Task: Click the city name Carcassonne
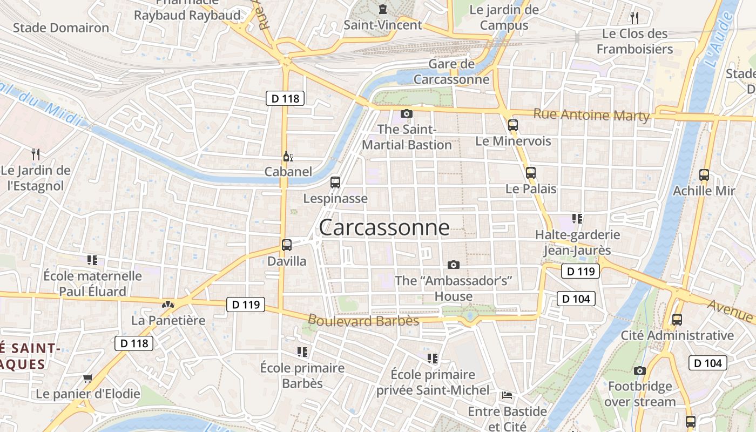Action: tap(384, 227)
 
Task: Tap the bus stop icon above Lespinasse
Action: tap(335, 183)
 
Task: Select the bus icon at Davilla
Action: tap(287, 245)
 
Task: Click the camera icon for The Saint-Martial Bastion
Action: tap(407, 113)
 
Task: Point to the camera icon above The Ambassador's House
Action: tap(454, 265)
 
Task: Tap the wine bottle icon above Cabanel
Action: tap(288, 157)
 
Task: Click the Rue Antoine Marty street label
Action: tap(591, 114)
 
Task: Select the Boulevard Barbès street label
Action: tap(363, 320)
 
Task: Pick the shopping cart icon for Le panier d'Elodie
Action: tap(88, 378)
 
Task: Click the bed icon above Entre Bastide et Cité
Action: tap(507, 395)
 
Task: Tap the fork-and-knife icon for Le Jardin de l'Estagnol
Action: tap(36, 154)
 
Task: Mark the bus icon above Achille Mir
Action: tap(704, 175)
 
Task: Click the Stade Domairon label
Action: tap(61, 28)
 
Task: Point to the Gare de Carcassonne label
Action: tap(451, 72)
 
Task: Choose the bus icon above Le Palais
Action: tap(531, 173)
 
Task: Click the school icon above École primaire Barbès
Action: tap(302, 352)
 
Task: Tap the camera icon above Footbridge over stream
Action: tap(640, 370)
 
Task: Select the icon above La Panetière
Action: tap(169, 305)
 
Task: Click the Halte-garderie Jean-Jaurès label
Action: tap(577, 242)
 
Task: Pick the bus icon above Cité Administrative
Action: tap(677, 319)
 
